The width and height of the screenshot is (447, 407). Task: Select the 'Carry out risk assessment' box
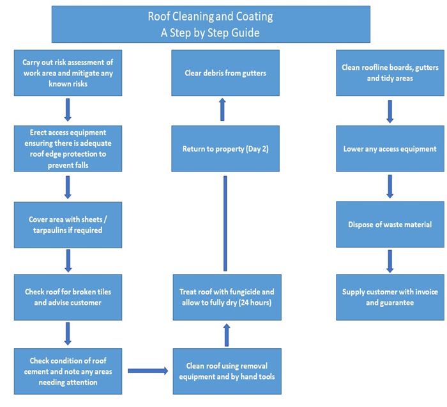[68, 73]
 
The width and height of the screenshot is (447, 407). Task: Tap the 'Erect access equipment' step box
[68, 148]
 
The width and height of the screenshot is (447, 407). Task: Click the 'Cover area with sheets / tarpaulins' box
[68, 224]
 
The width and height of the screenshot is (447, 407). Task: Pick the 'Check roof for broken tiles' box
[68, 297]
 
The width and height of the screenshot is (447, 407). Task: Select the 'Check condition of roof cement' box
[68, 371]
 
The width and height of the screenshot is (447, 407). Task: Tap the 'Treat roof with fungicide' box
[225, 297]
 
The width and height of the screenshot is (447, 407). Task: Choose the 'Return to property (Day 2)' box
[225, 148]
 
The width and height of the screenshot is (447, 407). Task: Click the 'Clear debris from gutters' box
[225, 73]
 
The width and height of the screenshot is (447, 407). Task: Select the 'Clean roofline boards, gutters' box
[390, 73]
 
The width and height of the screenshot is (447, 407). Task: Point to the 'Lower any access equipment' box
[390, 148]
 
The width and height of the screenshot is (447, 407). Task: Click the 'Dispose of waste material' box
[390, 224]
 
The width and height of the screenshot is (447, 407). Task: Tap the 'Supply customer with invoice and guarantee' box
[390, 297]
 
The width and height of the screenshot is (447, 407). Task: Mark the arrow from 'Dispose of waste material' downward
[390, 260]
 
